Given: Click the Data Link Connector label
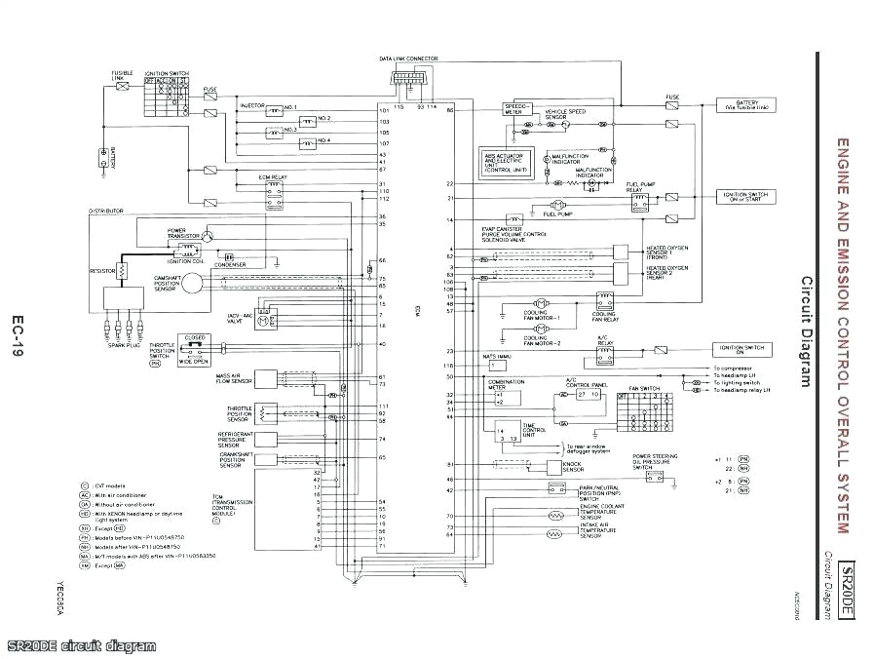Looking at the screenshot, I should [408, 59].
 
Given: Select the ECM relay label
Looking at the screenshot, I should [272, 177].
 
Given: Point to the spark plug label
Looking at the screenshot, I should [124, 344].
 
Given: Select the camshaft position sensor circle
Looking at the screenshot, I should [191, 281].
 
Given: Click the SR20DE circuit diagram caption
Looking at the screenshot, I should [81, 646].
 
